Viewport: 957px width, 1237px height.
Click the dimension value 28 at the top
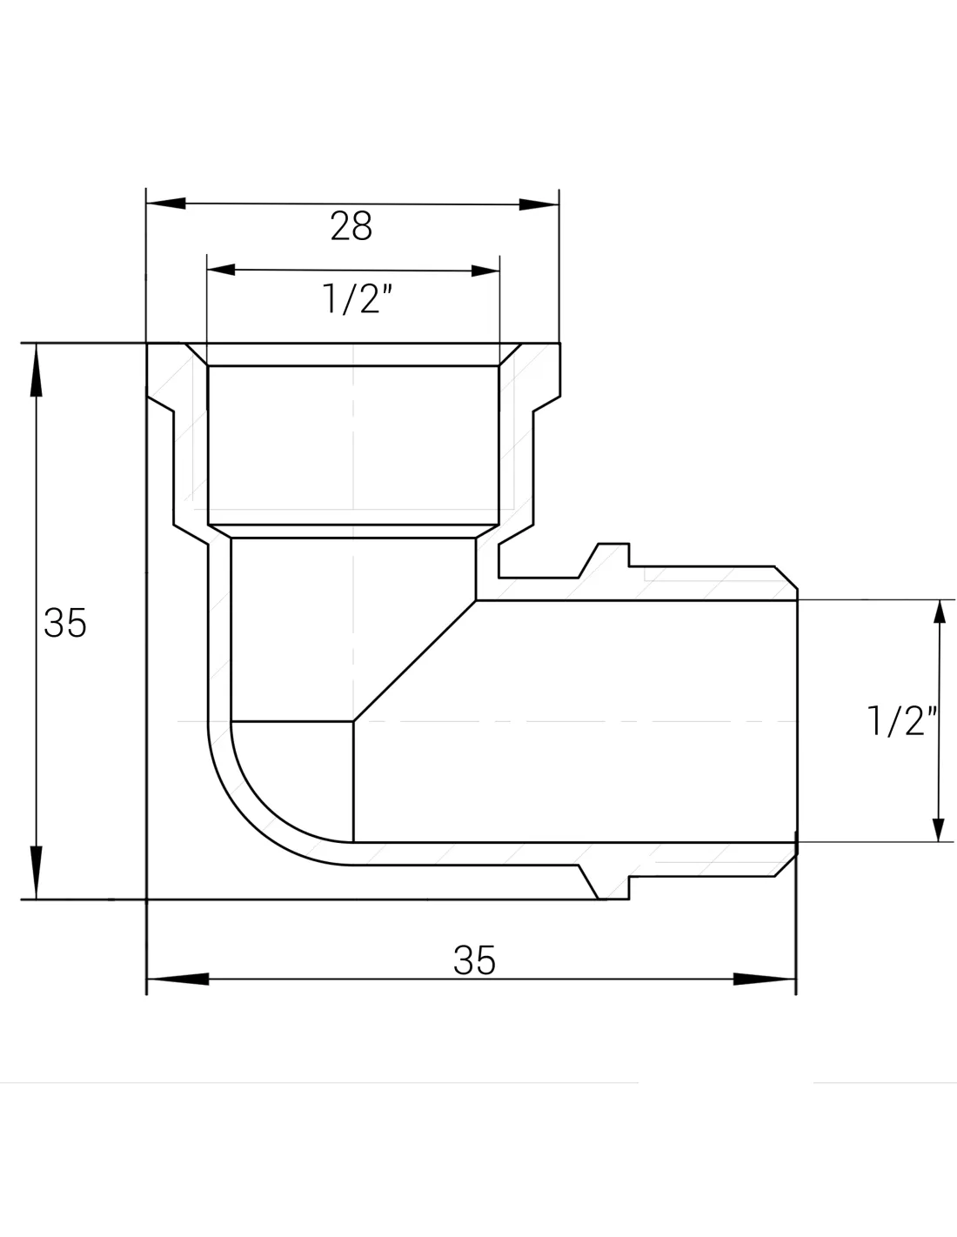coord(351,226)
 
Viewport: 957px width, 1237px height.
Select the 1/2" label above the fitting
coord(358,298)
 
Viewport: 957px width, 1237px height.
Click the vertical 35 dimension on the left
coord(65,622)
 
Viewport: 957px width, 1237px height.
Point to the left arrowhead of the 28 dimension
coord(165,204)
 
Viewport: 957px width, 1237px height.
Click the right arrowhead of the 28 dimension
coord(539,204)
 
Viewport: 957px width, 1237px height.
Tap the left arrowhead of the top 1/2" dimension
coord(221,270)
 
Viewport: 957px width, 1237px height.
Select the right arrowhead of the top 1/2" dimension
coord(485,271)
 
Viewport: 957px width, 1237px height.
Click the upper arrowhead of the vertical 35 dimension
coord(37,370)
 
